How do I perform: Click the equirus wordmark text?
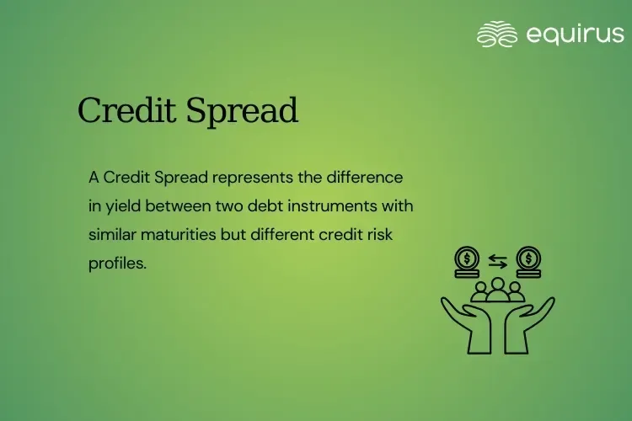click(575, 34)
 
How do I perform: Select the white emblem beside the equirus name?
click(497, 34)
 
